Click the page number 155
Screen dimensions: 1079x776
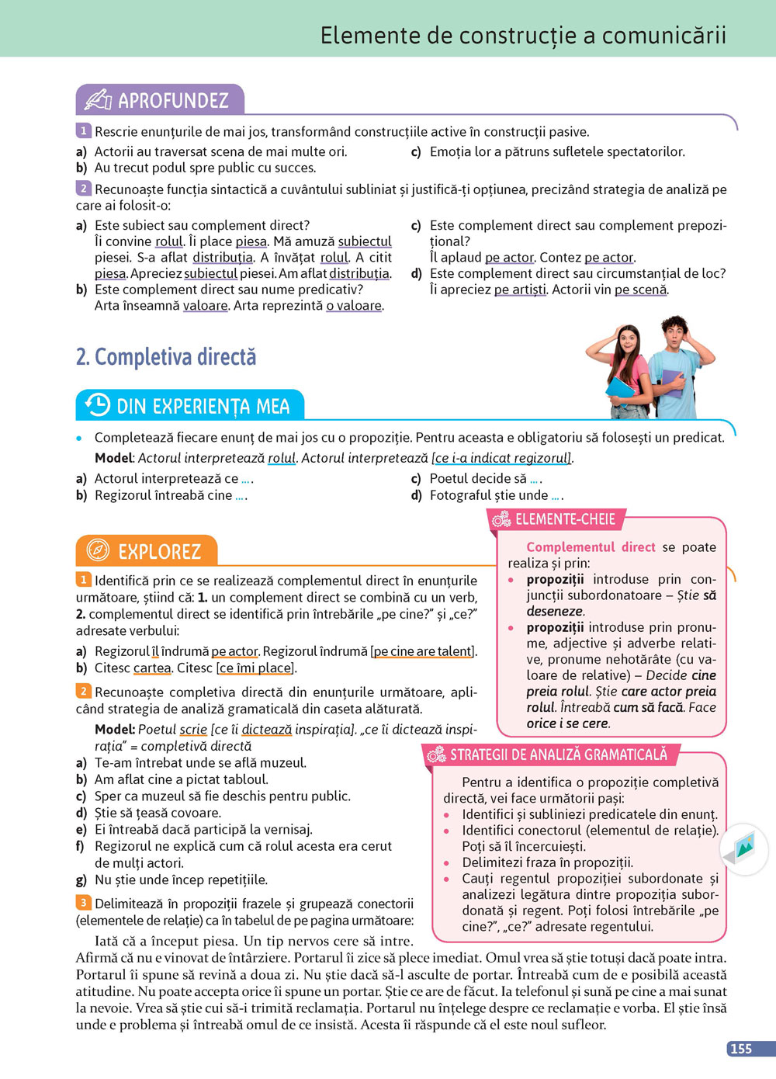point(741,1049)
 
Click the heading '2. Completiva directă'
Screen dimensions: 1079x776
point(166,357)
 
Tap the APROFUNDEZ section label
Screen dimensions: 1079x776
point(173,100)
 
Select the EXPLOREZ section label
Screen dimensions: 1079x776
point(159,551)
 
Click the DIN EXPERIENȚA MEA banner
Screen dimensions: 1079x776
point(203,406)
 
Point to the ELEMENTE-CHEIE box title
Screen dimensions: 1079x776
point(565,519)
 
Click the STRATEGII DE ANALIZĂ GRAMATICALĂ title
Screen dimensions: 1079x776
point(558,755)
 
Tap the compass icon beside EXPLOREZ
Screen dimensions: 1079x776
point(98,550)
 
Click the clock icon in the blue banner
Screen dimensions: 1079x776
point(98,404)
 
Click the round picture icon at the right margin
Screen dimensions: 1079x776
point(744,850)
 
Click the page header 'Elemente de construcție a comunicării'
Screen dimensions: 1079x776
point(523,36)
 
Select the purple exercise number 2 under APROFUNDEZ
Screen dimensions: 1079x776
point(83,189)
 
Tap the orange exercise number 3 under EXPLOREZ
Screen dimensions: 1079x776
point(83,903)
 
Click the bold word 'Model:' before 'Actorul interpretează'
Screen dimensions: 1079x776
point(114,458)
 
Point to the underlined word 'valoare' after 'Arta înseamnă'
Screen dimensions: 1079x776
point(206,306)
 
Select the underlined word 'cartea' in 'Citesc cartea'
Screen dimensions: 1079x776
point(152,668)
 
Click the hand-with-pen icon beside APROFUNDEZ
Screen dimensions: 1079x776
point(98,100)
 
